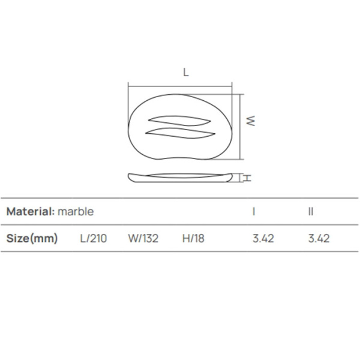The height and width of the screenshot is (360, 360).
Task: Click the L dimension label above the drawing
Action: pyautogui.click(x=186, y=73)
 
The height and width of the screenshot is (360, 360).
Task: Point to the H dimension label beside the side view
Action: pyautogui.click(x=246, y=178)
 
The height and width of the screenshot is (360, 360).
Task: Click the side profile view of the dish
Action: pyautogui.click(x=180, y=177)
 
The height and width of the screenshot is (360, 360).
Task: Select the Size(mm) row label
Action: pyautogui.click(x=32, y=238)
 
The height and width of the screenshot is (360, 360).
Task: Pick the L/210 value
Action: pyautogui.click(x=94, y=238)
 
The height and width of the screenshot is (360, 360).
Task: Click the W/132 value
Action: pyautogui.click(x=143, y=238)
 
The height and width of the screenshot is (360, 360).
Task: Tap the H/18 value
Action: pyautogui.click(x=193, y=238)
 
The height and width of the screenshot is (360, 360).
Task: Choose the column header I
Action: pyautogui.click(x=254, y=211)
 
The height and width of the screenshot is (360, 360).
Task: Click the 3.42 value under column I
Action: pyautogui.click(x=263, y=238)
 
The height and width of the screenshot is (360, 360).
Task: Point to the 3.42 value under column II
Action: pyautogui.click(x=319, y=238)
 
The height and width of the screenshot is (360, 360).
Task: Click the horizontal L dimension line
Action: pyautogui.click(x=180, y=86)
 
